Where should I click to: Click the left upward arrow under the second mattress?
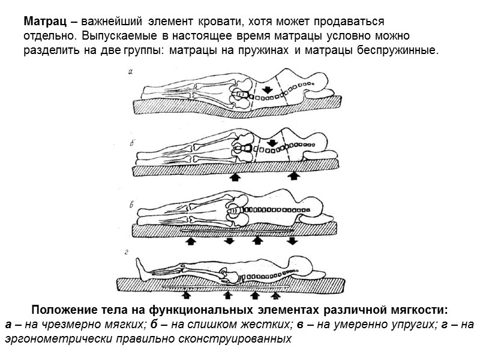click(x=236, y=177)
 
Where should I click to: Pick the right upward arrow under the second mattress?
click(x=294, y=177)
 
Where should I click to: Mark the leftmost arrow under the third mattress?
click(x=192, y=241)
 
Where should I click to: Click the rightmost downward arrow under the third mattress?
click(x=292, y=241)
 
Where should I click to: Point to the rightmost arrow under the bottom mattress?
click(x=275, y=295)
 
